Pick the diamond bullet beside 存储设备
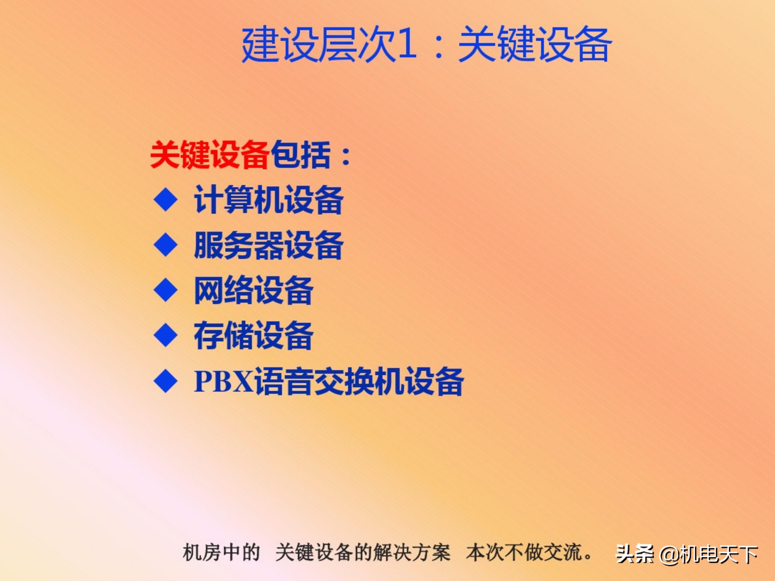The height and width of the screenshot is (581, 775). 165,335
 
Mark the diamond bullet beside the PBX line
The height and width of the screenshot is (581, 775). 165,381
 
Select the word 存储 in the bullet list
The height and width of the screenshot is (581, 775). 224,335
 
